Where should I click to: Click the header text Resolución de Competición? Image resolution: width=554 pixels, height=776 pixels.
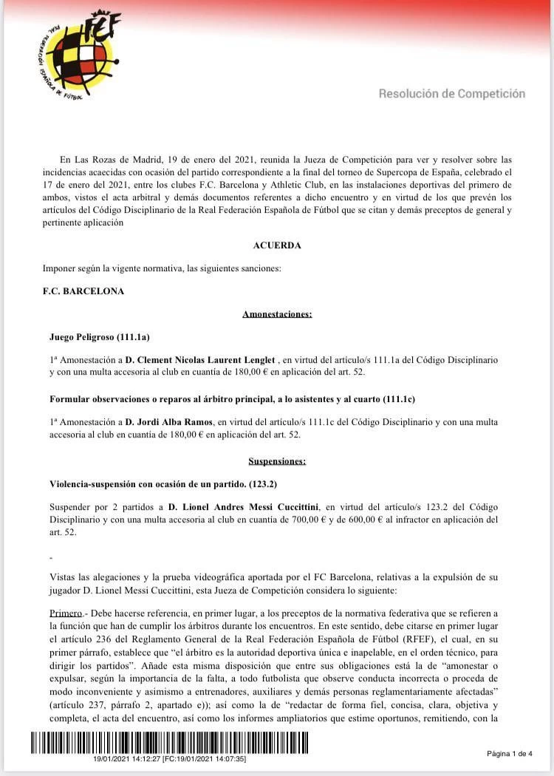pos(452,94)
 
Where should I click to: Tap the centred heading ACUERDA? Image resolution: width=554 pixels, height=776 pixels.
pos(277,245)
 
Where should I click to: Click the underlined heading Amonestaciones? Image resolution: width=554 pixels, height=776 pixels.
pos(277,314)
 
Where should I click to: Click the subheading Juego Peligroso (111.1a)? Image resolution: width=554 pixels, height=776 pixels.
pos(100,337)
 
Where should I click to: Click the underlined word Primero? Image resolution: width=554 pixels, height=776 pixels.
pos(66,613)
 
